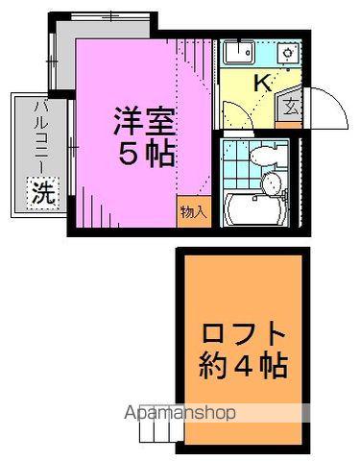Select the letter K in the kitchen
tap(262, 84)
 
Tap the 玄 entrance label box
tap(290, 106)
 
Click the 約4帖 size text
tap(245, 366)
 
